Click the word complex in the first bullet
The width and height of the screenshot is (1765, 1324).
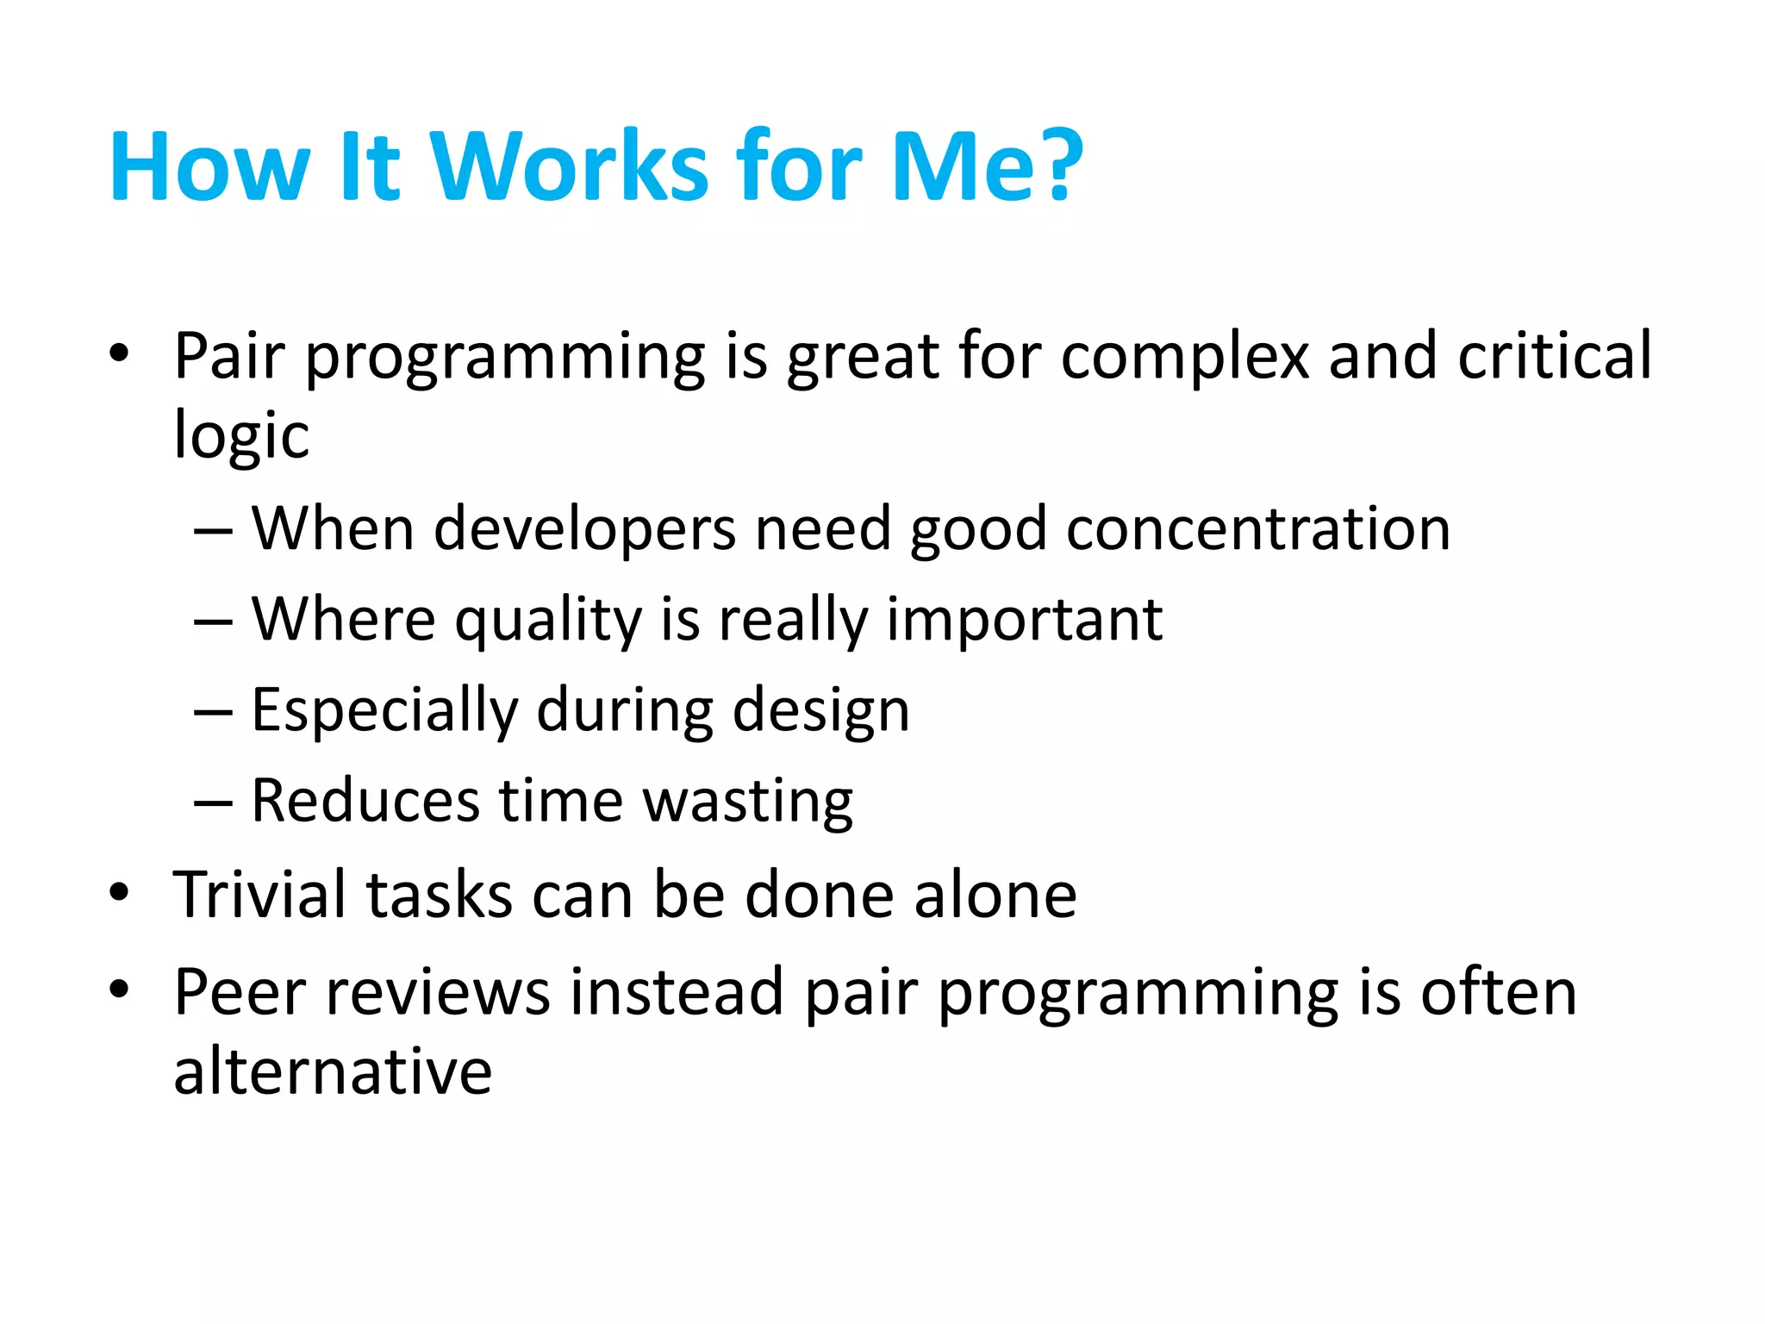coord(1184,356)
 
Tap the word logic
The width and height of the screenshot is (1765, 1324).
coord(240,436)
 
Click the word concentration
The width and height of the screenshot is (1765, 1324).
coord(1258,529)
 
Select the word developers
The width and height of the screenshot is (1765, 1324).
coord(584,529)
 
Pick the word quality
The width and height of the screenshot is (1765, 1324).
coord(548,621)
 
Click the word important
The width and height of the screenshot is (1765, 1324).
coord(1025,621)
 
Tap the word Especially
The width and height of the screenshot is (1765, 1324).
coord(384,711)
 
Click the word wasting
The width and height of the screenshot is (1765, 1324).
coord(748,802)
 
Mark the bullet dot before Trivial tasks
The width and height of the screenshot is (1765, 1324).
coord(119,893)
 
